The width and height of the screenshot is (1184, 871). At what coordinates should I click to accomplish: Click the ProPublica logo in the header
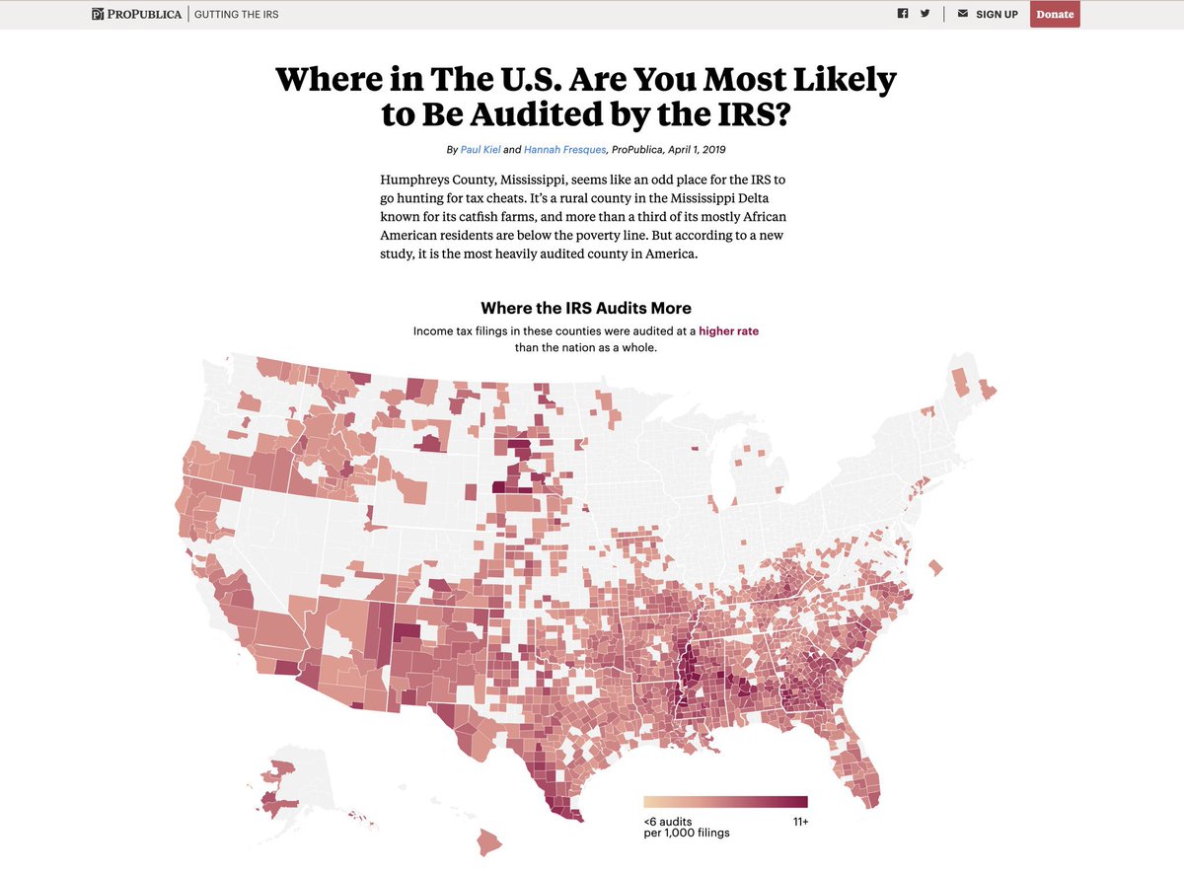(137, 14)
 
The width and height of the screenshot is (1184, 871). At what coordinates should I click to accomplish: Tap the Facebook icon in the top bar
(902, 14)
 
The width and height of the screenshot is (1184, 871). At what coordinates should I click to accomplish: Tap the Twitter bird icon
(925, 14)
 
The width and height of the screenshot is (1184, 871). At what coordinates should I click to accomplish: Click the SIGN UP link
(997, 15)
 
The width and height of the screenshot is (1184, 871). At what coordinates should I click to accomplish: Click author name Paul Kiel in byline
(481, 149)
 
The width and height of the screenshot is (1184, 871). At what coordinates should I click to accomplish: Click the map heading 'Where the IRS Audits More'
(586, 308)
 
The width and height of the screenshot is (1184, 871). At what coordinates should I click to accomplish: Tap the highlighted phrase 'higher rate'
(728, 331)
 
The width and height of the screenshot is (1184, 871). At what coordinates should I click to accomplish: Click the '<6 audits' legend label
(668, 822)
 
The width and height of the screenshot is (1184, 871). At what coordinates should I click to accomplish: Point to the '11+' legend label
(799, 822)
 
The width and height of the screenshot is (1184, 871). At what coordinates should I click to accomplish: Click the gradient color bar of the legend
(725, 802)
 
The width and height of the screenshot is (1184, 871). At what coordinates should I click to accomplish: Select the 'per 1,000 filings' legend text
(687, 834)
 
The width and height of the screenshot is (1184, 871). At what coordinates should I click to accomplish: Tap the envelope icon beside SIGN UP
(963, 14)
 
